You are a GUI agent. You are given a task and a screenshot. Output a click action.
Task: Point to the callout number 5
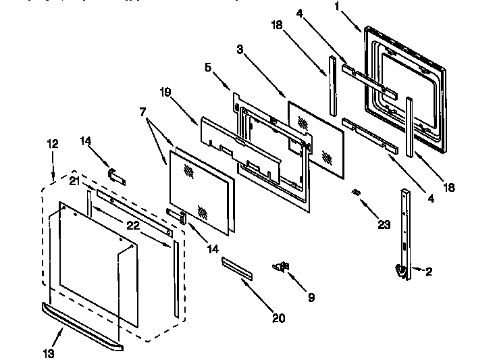[x=209, y=68]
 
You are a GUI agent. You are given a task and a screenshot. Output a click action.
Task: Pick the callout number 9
[x=311, y=297]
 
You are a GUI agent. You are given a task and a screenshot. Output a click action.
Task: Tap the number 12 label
[x=52, y=144]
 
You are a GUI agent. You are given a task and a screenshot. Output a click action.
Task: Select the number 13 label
[x=50, y=353]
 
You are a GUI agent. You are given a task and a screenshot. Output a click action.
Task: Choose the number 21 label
[x=76, y=180]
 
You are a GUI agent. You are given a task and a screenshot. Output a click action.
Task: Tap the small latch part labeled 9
[x=282, y=266]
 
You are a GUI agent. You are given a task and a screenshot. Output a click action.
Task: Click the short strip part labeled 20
[x=237, y=268]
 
